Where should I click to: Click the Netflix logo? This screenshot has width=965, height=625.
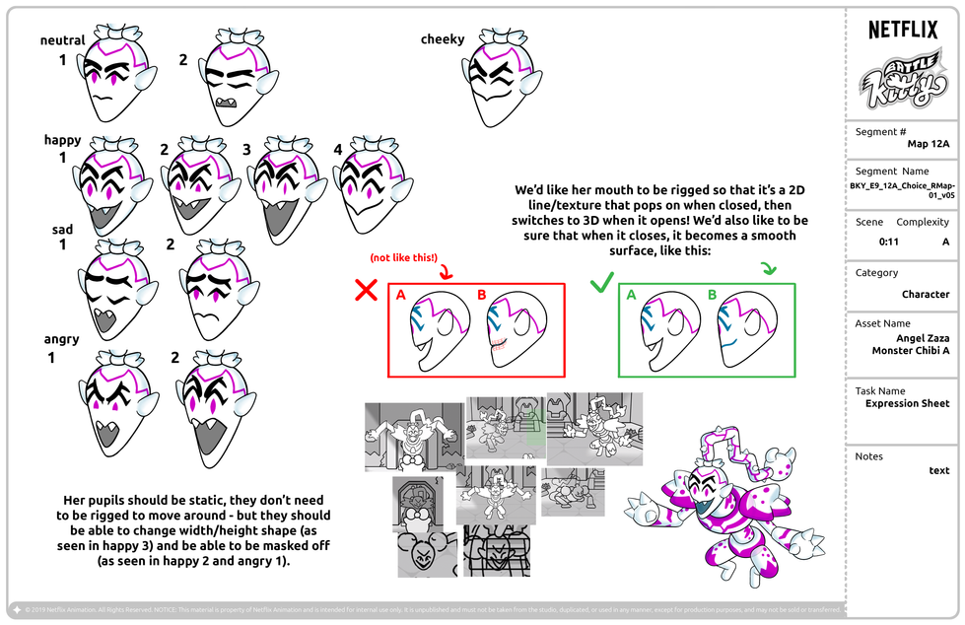(x=903, y=30)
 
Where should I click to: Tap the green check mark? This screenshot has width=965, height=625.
(x=601, y=285)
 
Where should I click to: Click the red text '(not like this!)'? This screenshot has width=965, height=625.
(x=403, y=257)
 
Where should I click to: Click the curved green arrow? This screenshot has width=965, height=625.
(x=769, y=268)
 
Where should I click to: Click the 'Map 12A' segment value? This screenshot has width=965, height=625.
(x=928, y=143)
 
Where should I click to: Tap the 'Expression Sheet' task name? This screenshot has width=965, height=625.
(x=907, y=403)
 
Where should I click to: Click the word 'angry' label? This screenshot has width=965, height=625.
(x=61, y=339)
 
